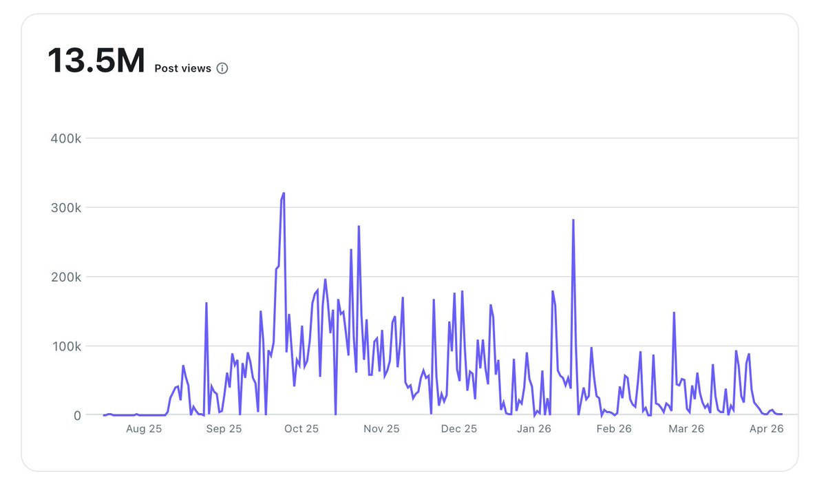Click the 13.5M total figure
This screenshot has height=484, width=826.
[96, 61]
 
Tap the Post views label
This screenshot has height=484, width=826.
[182, 68]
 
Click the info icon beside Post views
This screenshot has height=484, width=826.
[222, 68]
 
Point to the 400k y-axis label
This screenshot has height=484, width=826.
[66, 138]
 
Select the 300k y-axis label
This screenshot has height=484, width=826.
[66, 208]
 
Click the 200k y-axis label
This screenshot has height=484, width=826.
[66, 277]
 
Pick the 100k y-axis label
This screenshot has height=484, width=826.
[66, 346]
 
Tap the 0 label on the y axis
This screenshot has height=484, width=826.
[77, 415]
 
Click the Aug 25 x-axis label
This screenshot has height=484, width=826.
[144, 429]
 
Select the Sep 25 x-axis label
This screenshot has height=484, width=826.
[224, 429]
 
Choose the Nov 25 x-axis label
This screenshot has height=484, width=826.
[381, 429]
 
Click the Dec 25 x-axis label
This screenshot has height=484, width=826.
[459, 429]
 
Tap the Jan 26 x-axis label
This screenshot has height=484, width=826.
[535, 429]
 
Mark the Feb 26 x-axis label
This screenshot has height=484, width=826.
[614, 429]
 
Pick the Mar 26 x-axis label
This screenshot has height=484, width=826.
[686, 429]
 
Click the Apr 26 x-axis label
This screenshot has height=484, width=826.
[766, 429]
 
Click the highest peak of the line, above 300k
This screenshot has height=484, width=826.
[284, 193]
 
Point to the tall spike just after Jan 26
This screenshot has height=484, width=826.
[573, 220]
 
